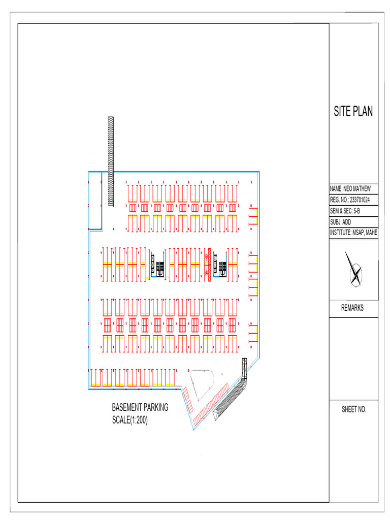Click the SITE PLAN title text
353,111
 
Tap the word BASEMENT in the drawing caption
126,407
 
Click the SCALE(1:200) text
130,420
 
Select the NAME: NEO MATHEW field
350,189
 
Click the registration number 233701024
360,200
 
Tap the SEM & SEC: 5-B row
345,211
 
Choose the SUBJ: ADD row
341,222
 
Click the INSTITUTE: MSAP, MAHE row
353,233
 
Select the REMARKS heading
352,308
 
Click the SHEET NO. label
354,409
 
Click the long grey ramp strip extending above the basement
111,161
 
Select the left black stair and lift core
157,264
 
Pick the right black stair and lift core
220,264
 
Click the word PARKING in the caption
156,407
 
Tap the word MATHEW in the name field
362,189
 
